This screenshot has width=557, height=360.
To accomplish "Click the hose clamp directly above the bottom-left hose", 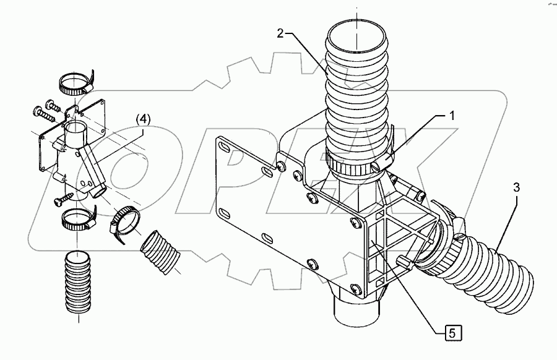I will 77,217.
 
